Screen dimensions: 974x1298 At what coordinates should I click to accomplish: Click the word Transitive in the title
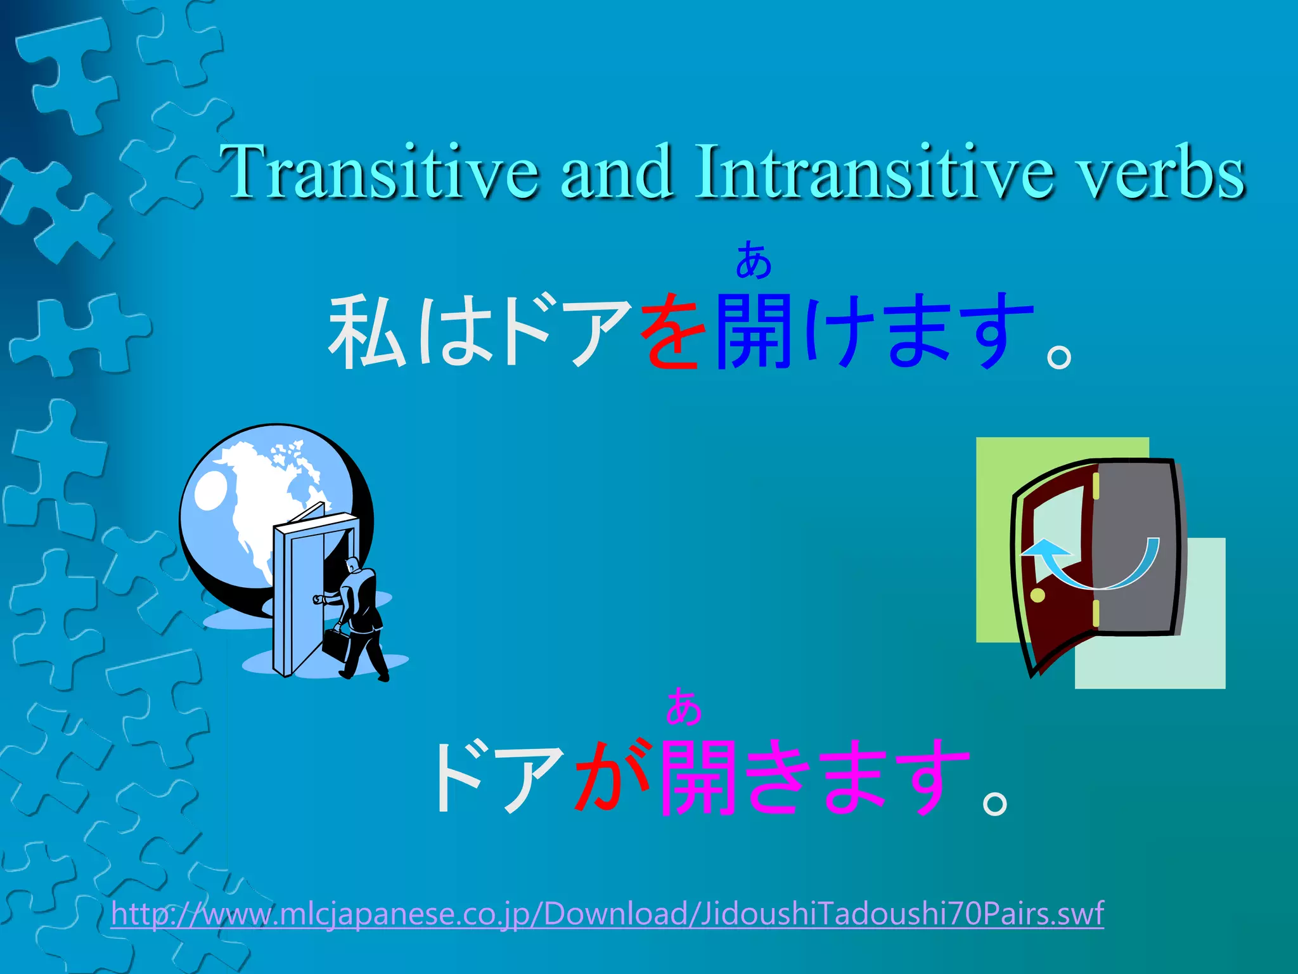coord(380,172)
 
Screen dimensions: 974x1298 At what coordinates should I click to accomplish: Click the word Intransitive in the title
coord(875,172)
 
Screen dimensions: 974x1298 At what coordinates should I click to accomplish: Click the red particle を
coord(673,331)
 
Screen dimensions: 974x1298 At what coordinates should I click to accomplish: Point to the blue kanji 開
coord(754,331)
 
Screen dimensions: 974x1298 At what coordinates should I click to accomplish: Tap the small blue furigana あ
coord(753,260)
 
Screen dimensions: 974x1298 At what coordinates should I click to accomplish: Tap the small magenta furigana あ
coord(683,706)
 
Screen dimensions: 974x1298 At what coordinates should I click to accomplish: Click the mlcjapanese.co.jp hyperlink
coord(607,914)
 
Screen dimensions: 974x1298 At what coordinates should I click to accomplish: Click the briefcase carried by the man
coord(335,643)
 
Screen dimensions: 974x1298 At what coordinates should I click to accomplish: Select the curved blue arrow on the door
coord(1090,564)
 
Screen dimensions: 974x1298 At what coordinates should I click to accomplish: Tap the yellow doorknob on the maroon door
coord(1038,595)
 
